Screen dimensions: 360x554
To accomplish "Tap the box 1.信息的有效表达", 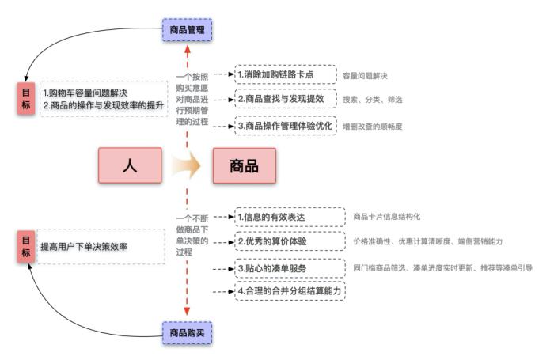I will coord(290,216).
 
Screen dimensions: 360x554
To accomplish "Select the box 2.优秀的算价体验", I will coord(290,241).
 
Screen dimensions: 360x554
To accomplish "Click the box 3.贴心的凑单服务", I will coord(290,268).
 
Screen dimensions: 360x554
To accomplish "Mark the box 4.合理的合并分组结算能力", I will coord(290,291).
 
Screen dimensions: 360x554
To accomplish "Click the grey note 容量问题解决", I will coord(365,75).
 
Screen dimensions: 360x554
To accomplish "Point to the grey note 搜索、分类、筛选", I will coord(372,100).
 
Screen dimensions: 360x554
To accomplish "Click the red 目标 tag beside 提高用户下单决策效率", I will coord(26,247).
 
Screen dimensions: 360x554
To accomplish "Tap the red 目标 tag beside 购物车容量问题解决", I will coord(26,97).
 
